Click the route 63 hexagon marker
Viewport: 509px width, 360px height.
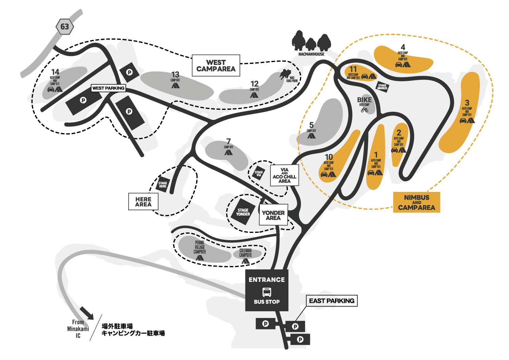(64, 26)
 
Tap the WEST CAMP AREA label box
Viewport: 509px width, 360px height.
(216, 66)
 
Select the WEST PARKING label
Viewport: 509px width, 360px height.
(108, 88)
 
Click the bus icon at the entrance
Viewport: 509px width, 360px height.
(267, 292)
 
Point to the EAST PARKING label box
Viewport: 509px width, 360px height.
(332, 301)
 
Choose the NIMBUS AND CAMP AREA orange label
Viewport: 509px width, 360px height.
(416, 202)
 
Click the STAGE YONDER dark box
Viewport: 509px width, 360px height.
(243, 212)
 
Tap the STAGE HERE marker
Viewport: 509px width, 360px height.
(163, 185)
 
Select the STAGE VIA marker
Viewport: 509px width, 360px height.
(259, 174)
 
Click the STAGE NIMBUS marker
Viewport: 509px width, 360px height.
(382, 87)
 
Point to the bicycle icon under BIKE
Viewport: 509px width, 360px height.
(364, 110)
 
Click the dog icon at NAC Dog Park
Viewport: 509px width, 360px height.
(285, 74)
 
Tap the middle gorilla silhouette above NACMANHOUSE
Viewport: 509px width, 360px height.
(311, 44)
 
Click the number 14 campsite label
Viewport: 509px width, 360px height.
(55, 72)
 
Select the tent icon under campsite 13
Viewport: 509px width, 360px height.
(175, 86)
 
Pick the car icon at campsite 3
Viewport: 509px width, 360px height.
(463, 120)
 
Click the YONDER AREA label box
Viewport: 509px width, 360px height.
(273, 215)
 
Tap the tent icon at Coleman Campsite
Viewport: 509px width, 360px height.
(245, 261)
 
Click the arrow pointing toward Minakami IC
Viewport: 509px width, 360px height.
(87, 313)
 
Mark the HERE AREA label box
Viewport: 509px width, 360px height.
(143, 202)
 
